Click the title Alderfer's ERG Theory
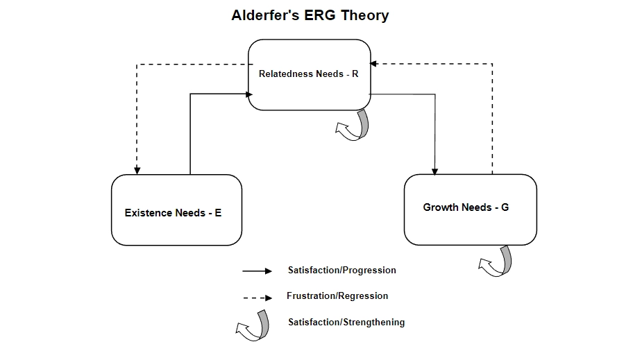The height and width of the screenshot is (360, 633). coord(310,15)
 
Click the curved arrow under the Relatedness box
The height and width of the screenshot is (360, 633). coord(354,126)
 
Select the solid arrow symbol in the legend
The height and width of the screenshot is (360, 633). coord(257,271)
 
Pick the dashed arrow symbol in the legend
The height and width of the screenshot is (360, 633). coord(257,298)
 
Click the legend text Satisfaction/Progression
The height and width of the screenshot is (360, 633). coord(341,270)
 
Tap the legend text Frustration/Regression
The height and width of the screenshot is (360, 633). coord(337,296)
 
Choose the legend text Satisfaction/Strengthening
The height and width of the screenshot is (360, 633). coord(346,322)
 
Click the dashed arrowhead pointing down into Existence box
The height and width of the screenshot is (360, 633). coord(137,171)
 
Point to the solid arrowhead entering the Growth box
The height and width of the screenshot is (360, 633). coord(435,171)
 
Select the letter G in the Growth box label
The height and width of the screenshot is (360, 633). coord(505,207)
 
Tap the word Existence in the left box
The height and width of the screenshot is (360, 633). coord(149,213)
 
